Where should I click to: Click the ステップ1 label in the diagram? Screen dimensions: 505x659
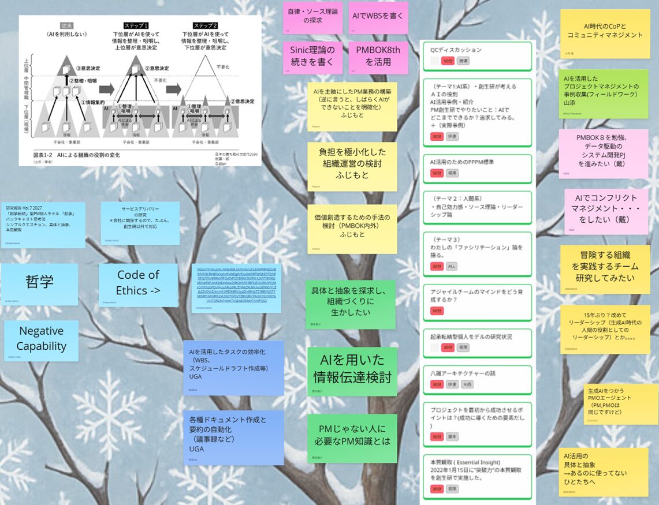[x=139, y=26]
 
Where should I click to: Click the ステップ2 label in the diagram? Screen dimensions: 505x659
[x=206, y=26]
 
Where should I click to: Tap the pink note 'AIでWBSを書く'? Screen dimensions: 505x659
[x=378, y=17]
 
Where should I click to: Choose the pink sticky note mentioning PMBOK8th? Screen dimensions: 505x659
[x=378, y=55]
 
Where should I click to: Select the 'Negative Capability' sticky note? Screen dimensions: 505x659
[x=41, y=339]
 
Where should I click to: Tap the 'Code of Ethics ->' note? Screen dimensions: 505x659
[x=138, y=283]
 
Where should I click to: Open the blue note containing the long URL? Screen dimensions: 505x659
[x=236, y=288]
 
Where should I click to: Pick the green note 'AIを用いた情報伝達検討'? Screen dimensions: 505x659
[x=352, y=369]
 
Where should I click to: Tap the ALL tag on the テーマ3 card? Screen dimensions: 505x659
[x=452, y=266]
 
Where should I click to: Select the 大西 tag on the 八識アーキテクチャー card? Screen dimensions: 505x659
[x=467, y=384]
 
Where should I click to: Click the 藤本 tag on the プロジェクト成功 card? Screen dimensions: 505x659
[x=452, y=437]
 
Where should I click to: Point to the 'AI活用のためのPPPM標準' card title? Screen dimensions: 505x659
[x=462, y=162]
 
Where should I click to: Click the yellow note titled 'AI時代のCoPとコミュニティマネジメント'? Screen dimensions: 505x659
[x=604, y=32]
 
